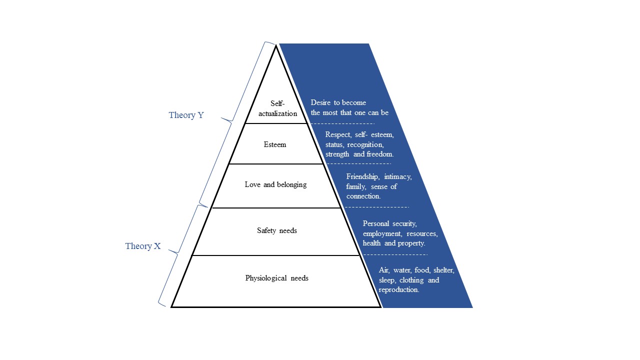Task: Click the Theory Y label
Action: pos(186,115)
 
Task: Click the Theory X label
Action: pos(143,246)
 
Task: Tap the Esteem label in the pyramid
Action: pos(275,144)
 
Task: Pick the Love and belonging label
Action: pos(275,184)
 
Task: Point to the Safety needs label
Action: pos(277,230)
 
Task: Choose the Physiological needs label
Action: pos(276,278)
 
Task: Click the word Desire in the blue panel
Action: pos(321,102)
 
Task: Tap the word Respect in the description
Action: pos(337,134)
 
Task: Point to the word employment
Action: pos(382,233)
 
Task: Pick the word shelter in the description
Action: pos(443,270)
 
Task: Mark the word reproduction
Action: pos(399,289)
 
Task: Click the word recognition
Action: pos(365,144)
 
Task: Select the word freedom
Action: pos(380,154)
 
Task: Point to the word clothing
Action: pos(410,280)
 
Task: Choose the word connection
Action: pos(363,196)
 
